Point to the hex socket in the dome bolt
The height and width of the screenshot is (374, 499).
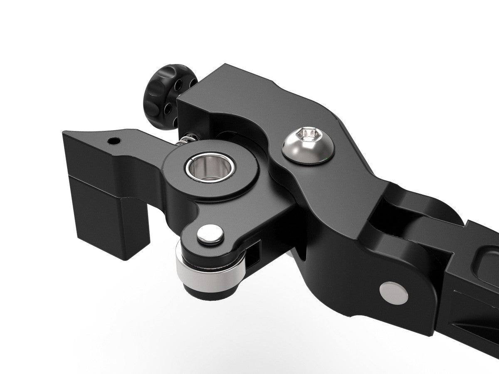[308, 134]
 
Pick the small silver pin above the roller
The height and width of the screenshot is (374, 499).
[210, 235]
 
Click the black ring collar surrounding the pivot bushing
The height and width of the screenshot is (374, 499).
[233, 183]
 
